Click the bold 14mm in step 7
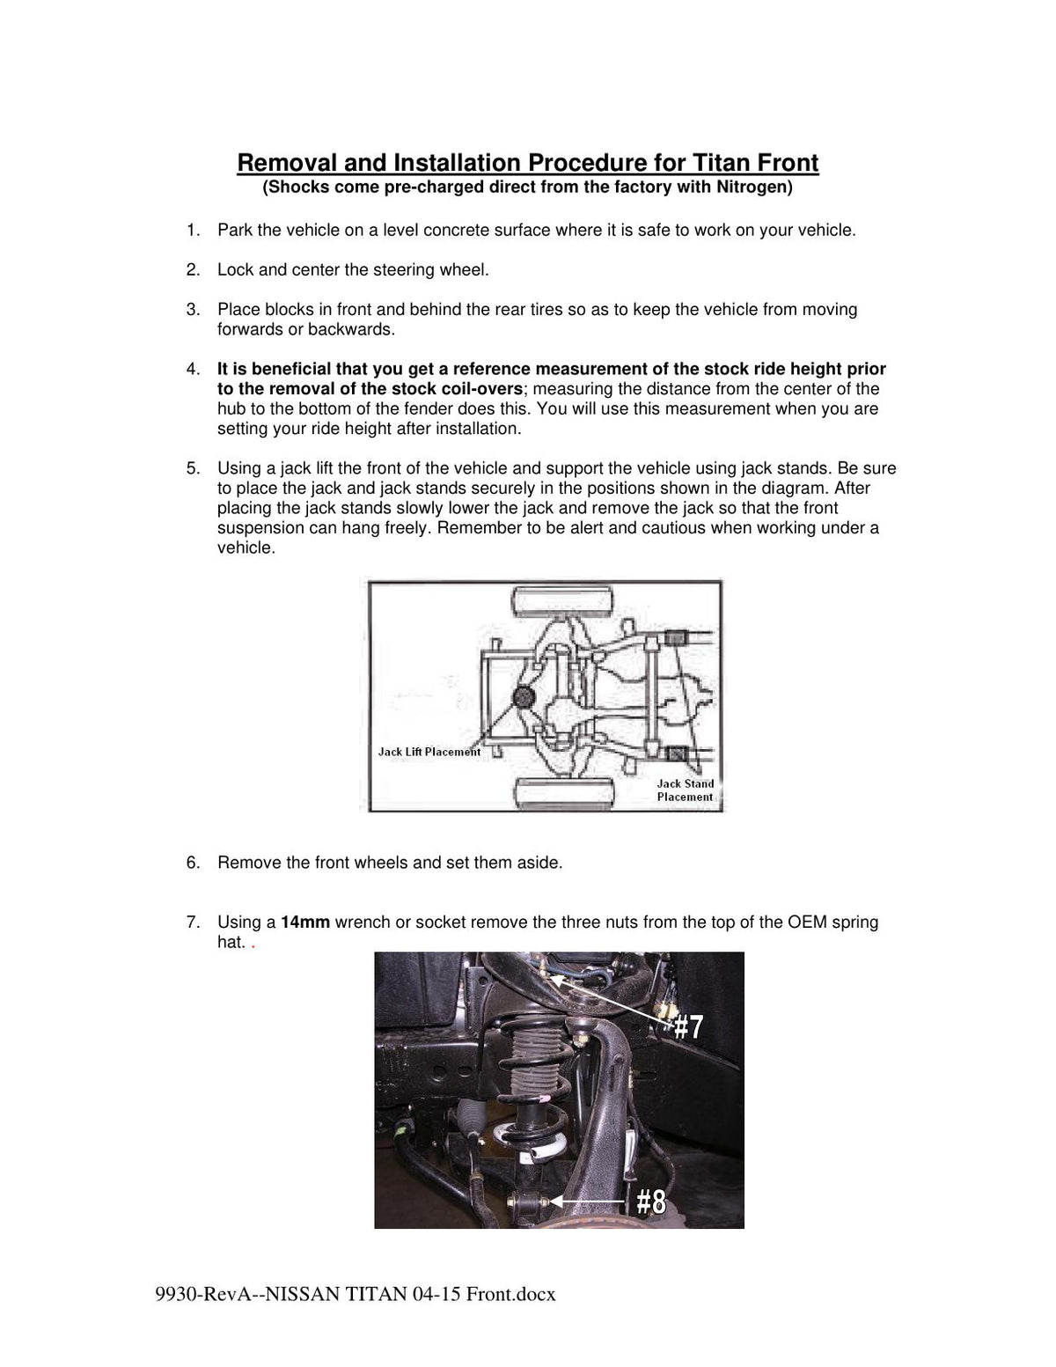(305, 922)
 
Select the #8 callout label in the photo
(651, 1202)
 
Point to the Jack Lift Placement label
(429, 752)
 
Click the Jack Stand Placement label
(686, 790)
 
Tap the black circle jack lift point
(524, 697)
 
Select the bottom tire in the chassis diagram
(564, 793)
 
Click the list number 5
(193, 468)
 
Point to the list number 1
(193, 231)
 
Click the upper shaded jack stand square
(673, 638)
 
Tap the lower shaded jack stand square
(676, 753)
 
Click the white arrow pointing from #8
(588, 1202)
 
